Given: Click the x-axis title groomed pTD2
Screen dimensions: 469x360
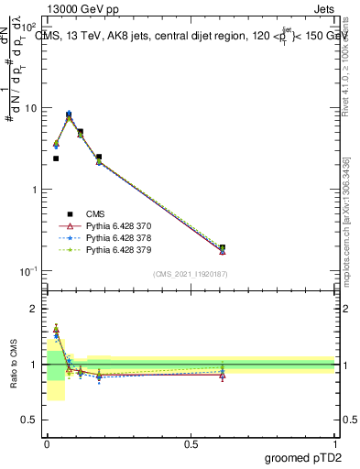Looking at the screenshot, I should pos(303,458).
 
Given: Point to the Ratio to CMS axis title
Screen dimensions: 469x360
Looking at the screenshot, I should pos(14,365).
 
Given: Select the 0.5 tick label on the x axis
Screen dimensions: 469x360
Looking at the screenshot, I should pos(191,444).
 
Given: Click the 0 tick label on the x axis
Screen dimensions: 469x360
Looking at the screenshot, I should pos(47,444).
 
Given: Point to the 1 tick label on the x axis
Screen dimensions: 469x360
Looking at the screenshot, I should pos(334,444).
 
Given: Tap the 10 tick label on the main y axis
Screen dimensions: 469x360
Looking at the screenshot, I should pos(29,108).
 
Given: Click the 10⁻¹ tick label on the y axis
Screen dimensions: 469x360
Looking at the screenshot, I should pos(27,271).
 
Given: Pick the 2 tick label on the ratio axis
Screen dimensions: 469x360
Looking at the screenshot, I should pos(34,309).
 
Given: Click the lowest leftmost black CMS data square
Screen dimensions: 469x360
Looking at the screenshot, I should pos(56,158).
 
